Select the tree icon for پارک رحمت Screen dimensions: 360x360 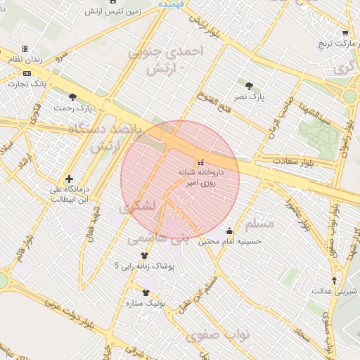pyautogui.click(x=72, y=97)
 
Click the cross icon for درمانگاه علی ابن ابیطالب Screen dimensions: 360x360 pyautogui.click(x=68, y=179)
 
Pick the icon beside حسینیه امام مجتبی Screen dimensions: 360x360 pyautogui.click(x=229, y=231)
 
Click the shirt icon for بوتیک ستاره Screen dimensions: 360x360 pyautogui.click(x=146, y=293)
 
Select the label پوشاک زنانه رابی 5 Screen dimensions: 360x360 pyautogui.click(x=147, y=266)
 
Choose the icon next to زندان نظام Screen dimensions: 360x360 pyautogui.click(x=25, y=49)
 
